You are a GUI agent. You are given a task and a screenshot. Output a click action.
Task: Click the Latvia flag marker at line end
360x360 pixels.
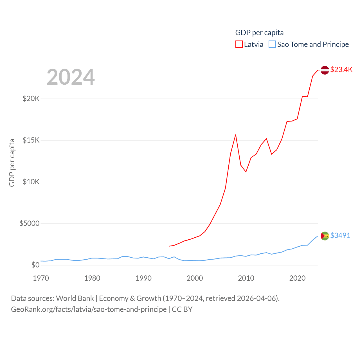[x=325, y=70]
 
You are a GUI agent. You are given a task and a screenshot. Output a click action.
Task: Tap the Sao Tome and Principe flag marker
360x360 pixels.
[x=325, y=236]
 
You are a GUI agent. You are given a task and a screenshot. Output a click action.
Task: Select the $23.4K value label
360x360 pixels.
[x=341, y=69]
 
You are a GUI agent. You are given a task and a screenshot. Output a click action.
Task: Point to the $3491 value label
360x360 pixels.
[x=340, y=235]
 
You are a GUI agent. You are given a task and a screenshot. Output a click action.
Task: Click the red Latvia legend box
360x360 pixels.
[x=239, y=44]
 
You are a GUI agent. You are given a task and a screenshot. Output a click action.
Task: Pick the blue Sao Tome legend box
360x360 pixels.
[x=272, y=44]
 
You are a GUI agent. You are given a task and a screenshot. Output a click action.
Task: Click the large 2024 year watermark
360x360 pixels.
[x=71, y=77]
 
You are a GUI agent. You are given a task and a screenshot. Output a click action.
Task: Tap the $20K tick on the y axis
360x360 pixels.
[x=31, y=99]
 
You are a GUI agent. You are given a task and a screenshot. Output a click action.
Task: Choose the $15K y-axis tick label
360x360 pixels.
[x=31, y=140]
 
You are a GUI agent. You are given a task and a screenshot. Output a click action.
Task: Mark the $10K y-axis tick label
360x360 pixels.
[x=31, y=182]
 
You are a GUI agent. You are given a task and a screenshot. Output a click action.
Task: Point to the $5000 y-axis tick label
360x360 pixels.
[x=29, y=223]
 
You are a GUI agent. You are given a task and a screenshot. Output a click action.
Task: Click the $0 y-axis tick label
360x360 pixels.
[x=35, y=265]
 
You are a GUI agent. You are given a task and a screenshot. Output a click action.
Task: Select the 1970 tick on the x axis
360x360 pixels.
[x=41, y=278]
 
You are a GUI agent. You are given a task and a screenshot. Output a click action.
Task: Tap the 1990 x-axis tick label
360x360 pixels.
[x=143, y=278]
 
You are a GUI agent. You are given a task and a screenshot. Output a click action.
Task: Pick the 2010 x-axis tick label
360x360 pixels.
[x=246, y=278]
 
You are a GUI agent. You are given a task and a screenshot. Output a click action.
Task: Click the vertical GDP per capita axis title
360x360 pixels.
[x=12, y=163]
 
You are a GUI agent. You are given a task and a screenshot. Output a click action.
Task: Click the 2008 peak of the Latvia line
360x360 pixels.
[x=236, y=135]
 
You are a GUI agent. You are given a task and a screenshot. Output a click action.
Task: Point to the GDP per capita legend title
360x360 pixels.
[x=259, y=33]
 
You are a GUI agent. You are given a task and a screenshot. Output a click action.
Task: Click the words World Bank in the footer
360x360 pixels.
[x=75, y=298]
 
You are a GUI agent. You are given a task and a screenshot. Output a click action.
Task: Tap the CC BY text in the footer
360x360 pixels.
[x=182, y=309]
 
